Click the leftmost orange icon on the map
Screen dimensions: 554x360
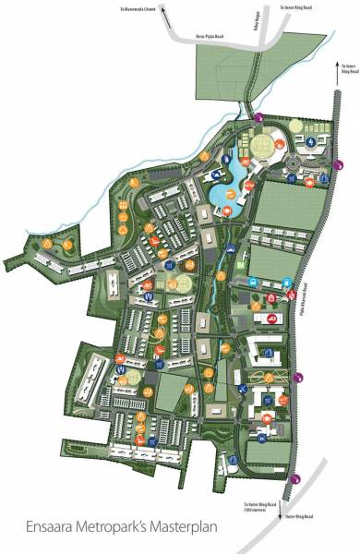coord(45,242)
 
